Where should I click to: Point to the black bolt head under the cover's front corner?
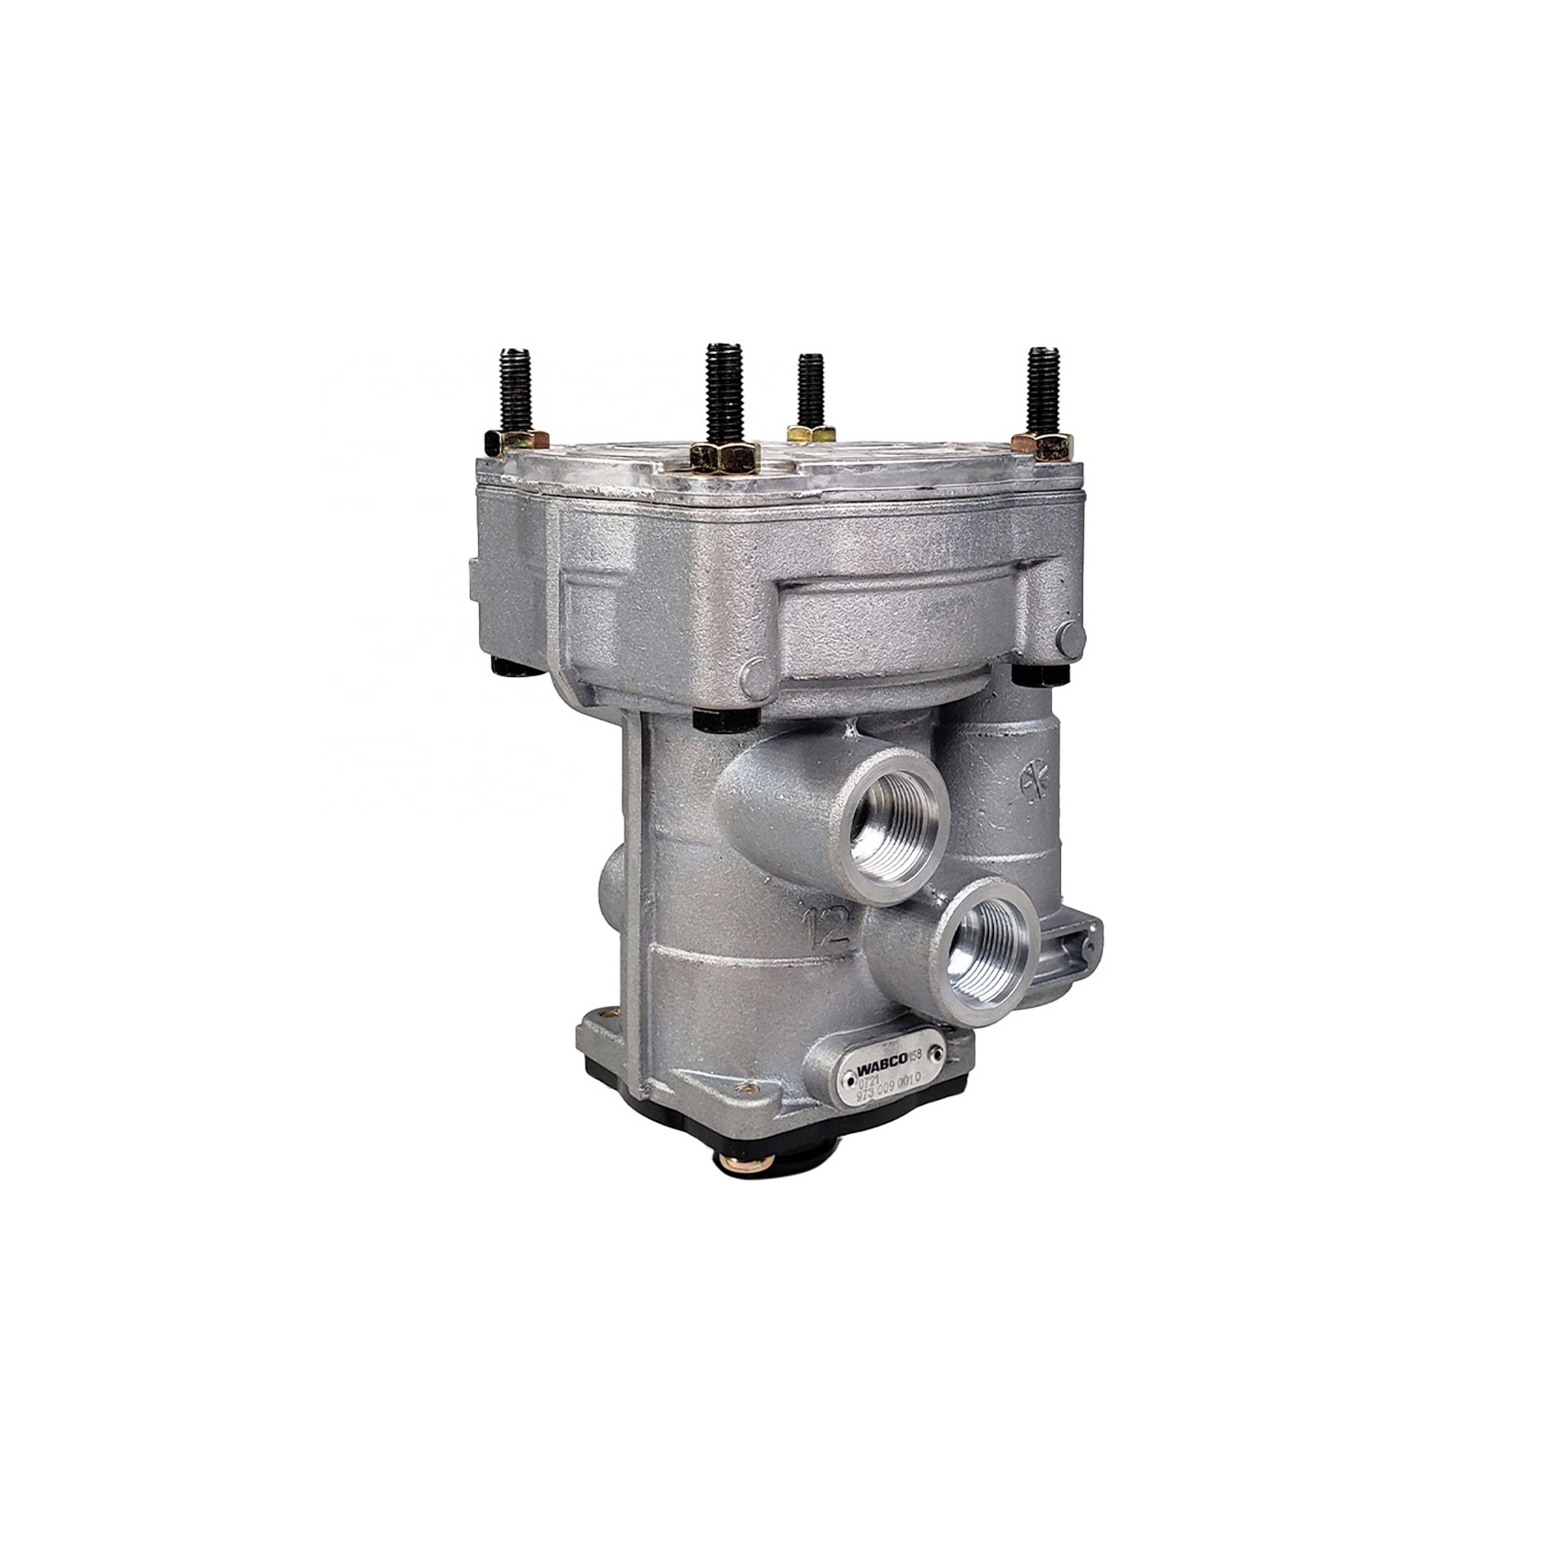point(726,719)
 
